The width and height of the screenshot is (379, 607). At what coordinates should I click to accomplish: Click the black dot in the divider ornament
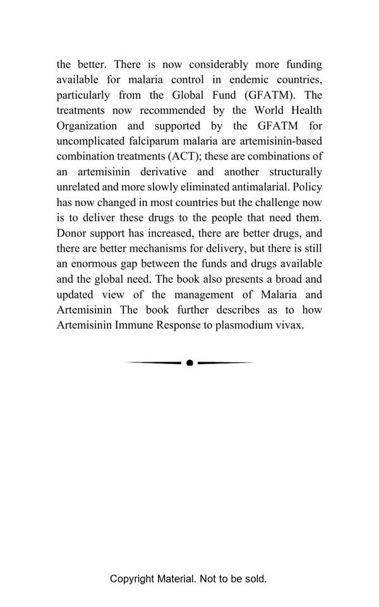tap(189, 363)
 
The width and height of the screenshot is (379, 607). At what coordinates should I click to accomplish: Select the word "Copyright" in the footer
tap(132, 579)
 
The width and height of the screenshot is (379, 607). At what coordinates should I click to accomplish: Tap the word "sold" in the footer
tap(254, 579)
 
